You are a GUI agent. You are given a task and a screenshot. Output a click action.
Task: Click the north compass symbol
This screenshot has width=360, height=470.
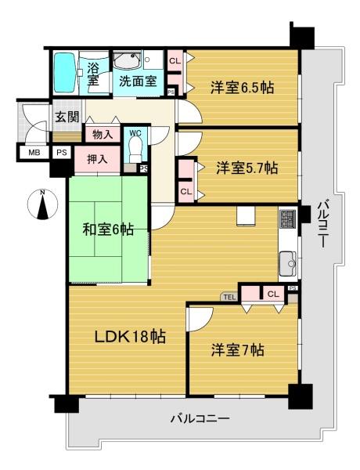click(42, 204)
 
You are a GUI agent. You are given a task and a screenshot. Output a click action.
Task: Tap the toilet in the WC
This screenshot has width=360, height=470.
click(135, 150)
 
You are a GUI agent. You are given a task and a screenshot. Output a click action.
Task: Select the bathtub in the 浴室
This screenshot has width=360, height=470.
click(64, 73)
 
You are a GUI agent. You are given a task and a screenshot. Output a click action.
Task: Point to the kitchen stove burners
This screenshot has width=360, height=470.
click(288, 219)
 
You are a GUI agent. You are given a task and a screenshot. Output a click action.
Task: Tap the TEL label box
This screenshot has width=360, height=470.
click(230, 297)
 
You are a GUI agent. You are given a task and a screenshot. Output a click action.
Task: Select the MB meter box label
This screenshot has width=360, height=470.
click(34, 153)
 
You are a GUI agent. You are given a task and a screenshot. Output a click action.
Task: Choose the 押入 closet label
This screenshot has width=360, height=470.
click(97, 159)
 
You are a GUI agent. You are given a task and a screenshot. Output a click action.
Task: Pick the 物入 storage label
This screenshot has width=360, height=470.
click(103, 135)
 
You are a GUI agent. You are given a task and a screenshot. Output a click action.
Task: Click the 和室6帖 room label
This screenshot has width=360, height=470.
click(108, 230)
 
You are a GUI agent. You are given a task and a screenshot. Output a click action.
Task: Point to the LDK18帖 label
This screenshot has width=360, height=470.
click(130, 337)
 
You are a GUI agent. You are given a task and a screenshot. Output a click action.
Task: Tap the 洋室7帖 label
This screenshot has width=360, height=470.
click(238, 350)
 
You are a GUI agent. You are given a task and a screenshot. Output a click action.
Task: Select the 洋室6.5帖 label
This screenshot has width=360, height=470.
click(243, 88)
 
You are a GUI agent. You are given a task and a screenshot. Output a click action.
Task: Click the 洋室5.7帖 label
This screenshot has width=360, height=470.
click(247, 168)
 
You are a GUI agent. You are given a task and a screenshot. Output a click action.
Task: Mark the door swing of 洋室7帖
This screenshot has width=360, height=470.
click(200, 319)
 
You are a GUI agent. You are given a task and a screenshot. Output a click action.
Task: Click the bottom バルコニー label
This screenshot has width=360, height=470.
click(200, 418)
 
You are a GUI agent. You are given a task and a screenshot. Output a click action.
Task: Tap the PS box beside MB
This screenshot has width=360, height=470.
click(62, 152)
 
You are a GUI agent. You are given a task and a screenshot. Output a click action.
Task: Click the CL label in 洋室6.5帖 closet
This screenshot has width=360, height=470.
click(175, 61)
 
